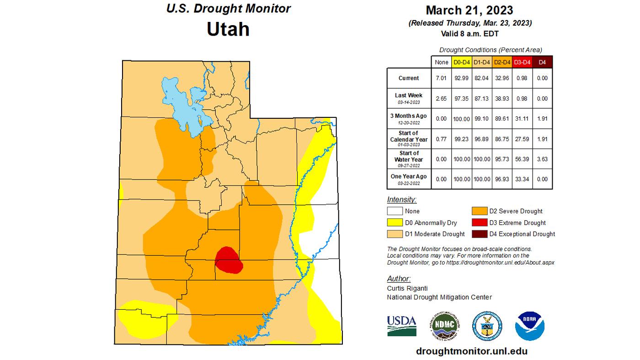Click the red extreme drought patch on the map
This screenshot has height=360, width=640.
pos(228,260)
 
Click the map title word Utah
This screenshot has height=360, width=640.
pos(228,29)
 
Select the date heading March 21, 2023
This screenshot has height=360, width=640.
pos(469,10)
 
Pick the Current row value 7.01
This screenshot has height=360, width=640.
pos(441,78)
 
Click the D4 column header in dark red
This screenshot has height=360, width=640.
pos(543,62)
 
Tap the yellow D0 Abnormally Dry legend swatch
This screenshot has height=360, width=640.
pos(395,222)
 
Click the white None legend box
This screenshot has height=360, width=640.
pos(395,211)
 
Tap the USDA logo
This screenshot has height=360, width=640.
pos(401,326)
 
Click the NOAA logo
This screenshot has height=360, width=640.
pos(529,326)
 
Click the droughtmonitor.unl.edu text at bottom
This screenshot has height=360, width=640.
pos(472,351)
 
